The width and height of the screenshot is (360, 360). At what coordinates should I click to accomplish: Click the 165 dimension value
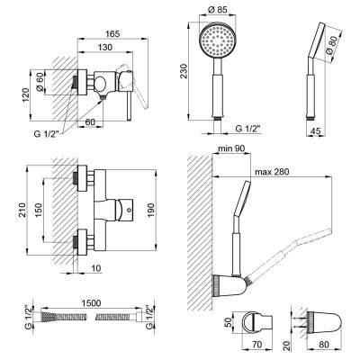(112, 33)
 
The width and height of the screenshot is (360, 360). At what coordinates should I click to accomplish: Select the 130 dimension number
(105, 47)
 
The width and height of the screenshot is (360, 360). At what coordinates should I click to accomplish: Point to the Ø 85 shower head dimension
(217, 10)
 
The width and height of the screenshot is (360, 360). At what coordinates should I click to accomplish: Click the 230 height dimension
(183, 71)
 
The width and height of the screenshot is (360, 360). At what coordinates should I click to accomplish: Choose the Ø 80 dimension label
(332, 45)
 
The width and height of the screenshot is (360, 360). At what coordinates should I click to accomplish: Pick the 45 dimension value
(315, 130)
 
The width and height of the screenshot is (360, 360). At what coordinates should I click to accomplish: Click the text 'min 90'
(231, 148)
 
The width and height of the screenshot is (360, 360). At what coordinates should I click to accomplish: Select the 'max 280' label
(272, 172)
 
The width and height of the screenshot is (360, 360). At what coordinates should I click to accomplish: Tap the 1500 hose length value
(91, 303)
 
